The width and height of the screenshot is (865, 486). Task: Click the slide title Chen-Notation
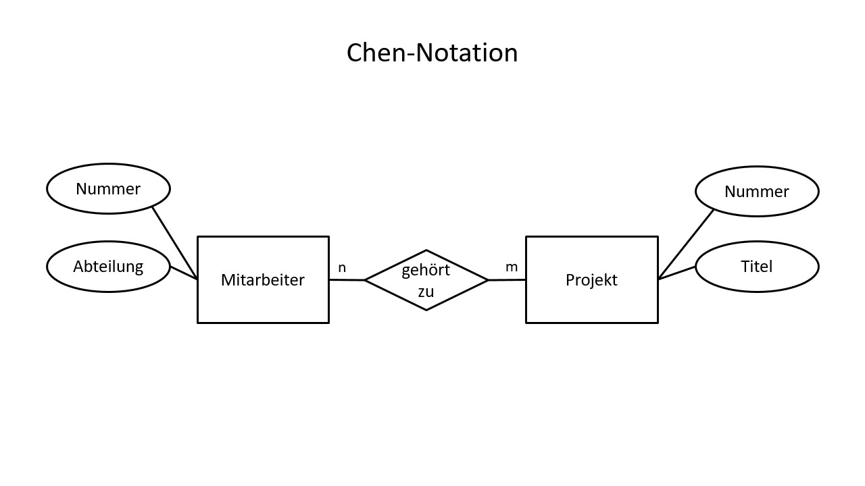point(432,53)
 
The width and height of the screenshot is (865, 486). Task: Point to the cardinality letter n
point(342,268)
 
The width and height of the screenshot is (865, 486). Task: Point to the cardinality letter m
point(512,267)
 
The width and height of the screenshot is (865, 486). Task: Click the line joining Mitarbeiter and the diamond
point(347,279)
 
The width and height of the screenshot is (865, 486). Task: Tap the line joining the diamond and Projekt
point(507,279)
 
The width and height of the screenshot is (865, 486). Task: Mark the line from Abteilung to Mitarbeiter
point(183,273)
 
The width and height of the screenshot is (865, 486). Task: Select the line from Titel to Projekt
point(677,273)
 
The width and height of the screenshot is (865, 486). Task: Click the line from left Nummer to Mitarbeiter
point(174,243)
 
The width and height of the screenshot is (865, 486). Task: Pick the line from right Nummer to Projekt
point(686,244)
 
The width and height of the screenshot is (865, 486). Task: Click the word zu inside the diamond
point(426,292)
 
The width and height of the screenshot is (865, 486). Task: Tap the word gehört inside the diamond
point(426,270)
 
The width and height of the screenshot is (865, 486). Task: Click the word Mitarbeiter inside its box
point(263,280)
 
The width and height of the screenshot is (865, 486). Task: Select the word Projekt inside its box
point(591,280)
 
